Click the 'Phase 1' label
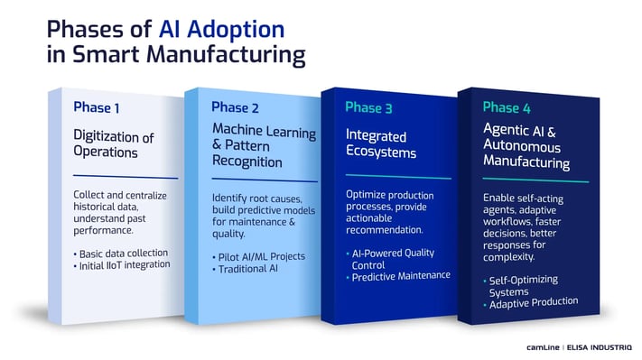tap(97, 108)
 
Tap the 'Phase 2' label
tap(235, 107)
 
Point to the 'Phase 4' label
tap(506, 106)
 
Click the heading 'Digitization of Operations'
tap(114, 144)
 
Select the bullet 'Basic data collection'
tap(123, 254)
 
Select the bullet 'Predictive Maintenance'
tap(401, 276)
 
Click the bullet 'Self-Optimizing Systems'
tap(523, 285)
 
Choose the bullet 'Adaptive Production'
tap(533, 303)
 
